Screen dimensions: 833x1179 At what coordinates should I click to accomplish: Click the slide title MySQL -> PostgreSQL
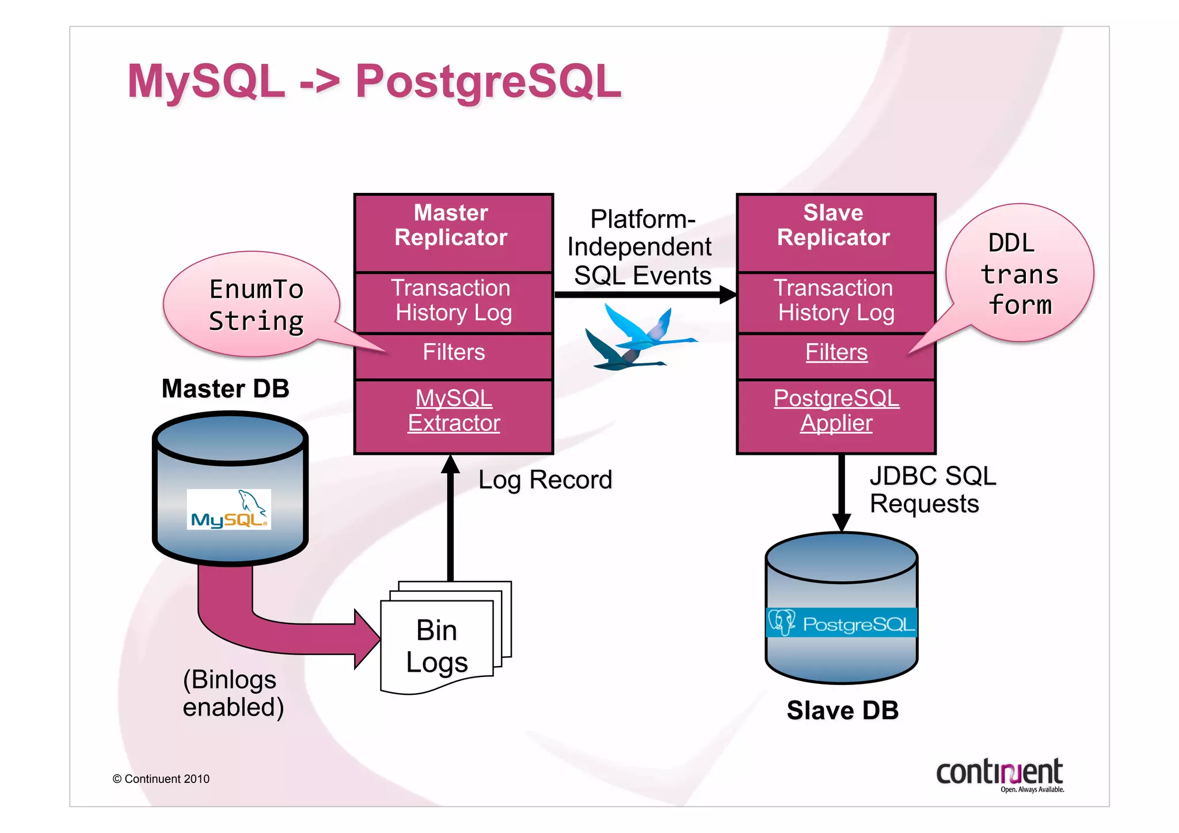pos(374,81)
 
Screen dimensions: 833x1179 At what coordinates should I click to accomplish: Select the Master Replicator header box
pos(453,226)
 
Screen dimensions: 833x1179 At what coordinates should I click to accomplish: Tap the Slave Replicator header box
pos(835,226)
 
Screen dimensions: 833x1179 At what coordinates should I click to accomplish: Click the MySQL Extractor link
pos(454,411)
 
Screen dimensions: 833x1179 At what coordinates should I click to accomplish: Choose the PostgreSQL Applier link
pos(836,411)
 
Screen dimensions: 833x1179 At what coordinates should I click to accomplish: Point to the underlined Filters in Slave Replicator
pos(836,352)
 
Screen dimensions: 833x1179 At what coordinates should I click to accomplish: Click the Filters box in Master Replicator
pos(454,352)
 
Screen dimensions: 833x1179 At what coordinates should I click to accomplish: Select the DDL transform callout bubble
pos(1019,274)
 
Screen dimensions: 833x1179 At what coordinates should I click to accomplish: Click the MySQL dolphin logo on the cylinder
pos(229,509)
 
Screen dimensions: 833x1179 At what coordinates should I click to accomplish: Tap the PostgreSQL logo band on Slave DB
pos(841,623)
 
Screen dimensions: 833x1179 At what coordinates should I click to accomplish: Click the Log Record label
pos(545,480)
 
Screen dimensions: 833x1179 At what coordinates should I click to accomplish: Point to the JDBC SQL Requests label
pos(931,490)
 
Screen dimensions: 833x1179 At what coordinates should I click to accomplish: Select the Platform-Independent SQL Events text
pos(641,248)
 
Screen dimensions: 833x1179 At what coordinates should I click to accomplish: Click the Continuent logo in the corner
pos(1000,774)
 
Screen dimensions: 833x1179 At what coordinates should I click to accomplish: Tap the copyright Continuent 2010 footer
pos(161,779)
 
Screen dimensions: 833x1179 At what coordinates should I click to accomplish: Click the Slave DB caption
pos(842,710)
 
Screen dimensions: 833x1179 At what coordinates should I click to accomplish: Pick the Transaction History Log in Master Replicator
pos(453,301)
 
